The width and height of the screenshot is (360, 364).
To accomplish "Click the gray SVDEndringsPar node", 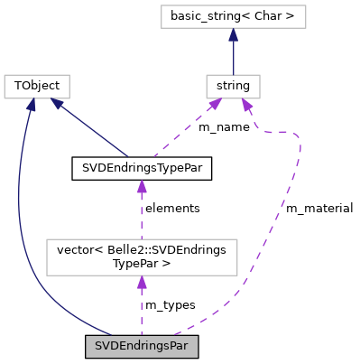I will (x=142, y=346).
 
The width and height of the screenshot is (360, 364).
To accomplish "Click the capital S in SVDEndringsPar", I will (x=98, y=346).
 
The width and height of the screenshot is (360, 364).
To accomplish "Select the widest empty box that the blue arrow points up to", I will (x=233, y=16).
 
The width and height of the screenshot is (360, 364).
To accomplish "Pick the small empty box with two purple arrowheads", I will (x=233, y=87).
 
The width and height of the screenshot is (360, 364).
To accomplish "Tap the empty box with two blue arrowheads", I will (x=37, y=87).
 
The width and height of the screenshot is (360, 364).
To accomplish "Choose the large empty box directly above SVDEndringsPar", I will (x=142, y=257).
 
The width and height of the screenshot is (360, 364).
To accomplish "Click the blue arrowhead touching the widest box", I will (x=233, y=35).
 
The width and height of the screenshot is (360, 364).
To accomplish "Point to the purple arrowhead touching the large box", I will (x=142, y=283).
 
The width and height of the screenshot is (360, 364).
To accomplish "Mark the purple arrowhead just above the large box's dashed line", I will (x=142, y=187).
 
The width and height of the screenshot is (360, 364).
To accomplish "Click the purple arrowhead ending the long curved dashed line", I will (x=246, y=106).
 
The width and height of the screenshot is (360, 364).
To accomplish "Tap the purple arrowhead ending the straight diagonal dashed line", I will (x=214, y=106).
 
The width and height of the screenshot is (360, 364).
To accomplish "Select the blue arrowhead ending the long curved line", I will (x=31, y=105).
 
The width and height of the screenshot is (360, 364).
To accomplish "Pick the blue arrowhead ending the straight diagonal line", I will (x=58, y=104).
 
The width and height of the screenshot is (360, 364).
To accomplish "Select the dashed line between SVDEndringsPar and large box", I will (x=142, y=312).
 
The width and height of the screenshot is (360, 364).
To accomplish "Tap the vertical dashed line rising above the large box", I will (x=142, y=217).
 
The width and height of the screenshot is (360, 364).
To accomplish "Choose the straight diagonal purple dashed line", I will (x=185, y=131).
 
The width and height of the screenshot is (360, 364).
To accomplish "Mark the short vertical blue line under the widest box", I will (x=233, y=57).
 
